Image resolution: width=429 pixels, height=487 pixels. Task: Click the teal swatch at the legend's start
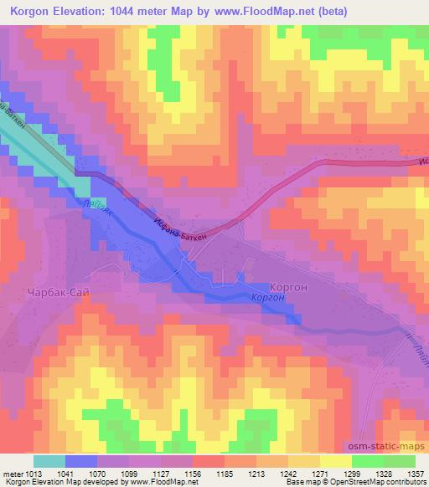point(49,461)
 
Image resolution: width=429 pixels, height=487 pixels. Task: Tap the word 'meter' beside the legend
point(10,473)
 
